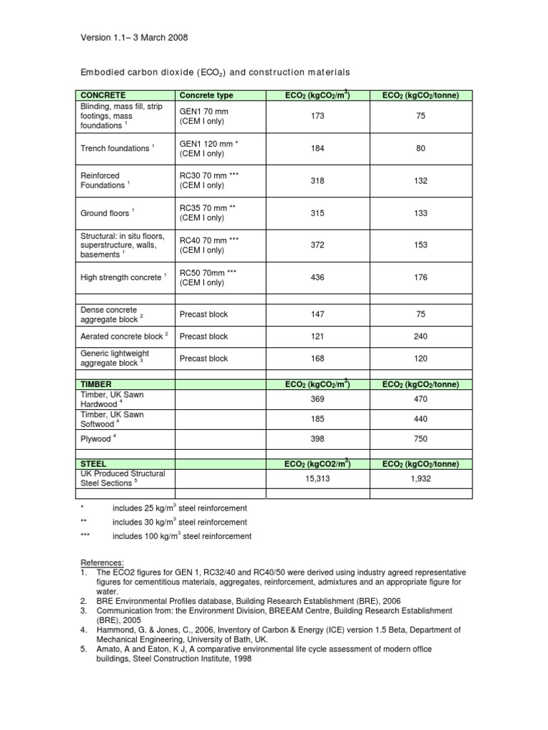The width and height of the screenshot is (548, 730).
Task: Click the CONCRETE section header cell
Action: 103,95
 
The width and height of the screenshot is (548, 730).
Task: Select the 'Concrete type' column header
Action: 206,95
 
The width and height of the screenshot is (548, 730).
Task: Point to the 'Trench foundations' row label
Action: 116,148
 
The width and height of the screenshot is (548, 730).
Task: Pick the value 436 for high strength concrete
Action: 318,277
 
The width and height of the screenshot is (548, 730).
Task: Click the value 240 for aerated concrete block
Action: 420,336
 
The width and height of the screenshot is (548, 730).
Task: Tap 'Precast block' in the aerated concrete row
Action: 204,336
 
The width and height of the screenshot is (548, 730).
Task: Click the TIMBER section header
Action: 96,384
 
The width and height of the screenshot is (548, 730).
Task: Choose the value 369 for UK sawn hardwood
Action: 318,400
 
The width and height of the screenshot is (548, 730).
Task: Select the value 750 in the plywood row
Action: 420,440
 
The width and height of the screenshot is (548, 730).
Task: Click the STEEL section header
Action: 94,463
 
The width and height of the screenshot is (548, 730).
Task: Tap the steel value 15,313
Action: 318,479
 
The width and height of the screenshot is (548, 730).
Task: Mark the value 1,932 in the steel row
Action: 420,479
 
